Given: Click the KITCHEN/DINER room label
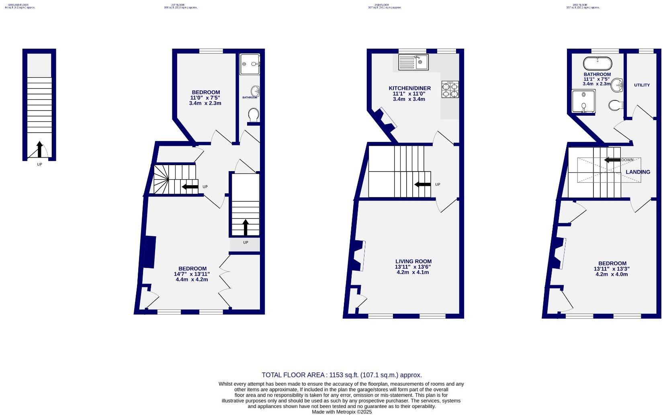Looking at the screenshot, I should coord(409,88).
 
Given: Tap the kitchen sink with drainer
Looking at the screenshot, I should coord(413,62).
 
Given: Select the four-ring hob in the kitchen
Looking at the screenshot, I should coord(450,89).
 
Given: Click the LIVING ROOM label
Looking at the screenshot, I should coord(413,261).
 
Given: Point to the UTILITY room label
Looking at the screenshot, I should coord(642,85).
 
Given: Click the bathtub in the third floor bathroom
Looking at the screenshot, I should coord(598,63).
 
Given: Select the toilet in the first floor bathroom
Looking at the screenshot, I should coord(254,115).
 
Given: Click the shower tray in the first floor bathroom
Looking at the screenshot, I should coord(250,64).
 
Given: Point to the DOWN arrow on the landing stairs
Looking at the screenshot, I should coord(612,160).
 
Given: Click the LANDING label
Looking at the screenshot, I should coord(638,172).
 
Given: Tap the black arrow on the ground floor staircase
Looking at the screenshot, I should coord(39,149).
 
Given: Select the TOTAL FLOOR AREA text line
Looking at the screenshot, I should coord(342,375).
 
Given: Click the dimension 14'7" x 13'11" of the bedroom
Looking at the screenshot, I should coord(192,274).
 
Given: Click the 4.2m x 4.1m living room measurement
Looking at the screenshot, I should coord(413,272).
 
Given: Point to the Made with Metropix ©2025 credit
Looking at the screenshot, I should coord(342,412).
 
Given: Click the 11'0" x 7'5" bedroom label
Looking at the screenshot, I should coord(205,98).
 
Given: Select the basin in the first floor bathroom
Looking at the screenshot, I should coord(255,90).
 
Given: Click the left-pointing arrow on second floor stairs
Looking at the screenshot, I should coord(422,184).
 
